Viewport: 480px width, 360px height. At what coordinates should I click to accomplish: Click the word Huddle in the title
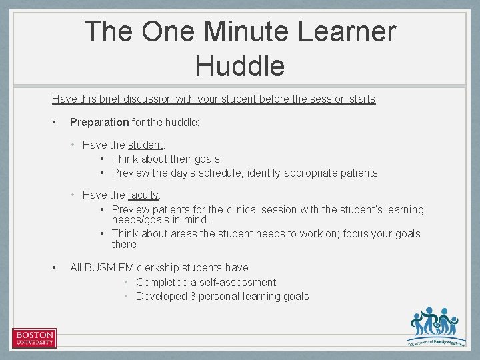[240, 66]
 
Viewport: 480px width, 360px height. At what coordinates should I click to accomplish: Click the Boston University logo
[34, 338]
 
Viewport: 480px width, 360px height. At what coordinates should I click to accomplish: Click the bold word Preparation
[99, 122]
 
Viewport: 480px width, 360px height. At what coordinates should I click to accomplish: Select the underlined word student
[145, 145]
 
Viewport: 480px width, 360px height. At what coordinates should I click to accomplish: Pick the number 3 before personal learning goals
[193, 297]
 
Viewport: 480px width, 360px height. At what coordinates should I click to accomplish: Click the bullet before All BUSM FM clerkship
[54, 268]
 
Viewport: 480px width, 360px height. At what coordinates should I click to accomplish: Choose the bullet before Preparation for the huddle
[54, 122]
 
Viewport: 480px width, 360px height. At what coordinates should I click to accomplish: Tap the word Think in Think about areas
[125, 233]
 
